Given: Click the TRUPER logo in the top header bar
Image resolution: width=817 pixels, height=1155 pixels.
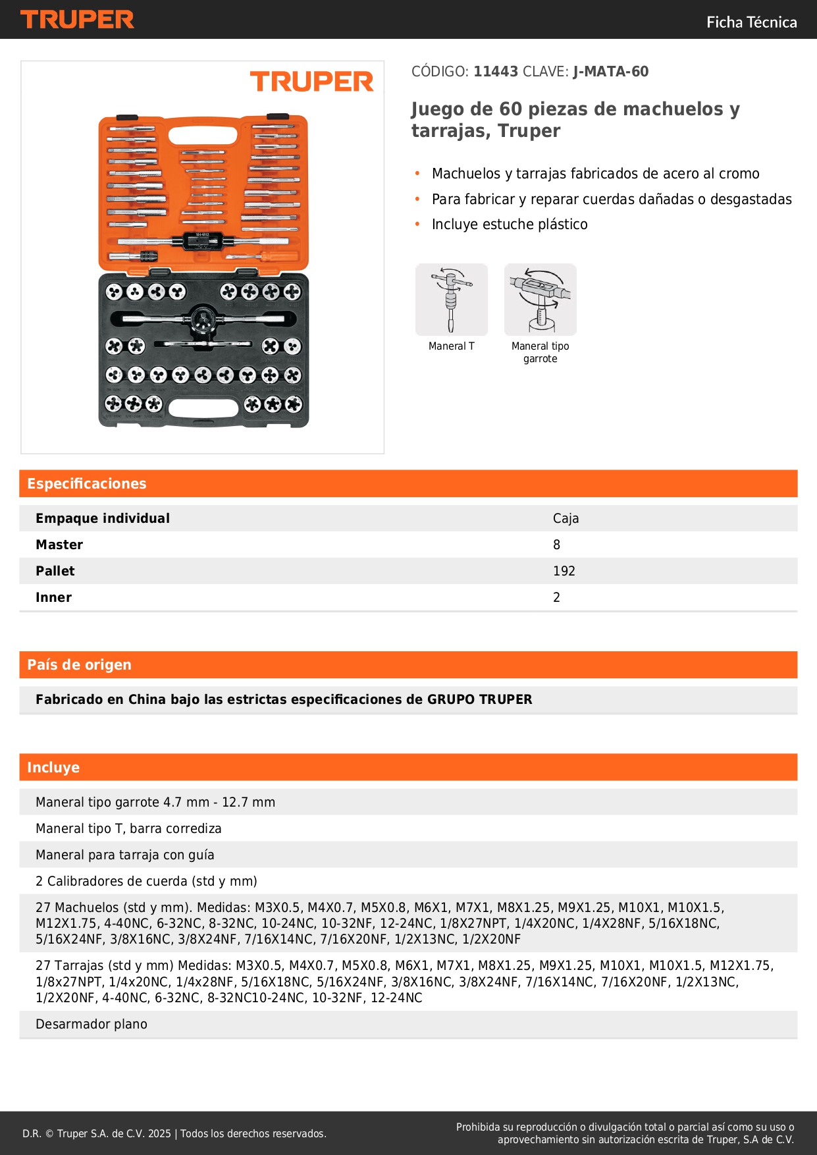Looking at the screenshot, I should [x=77, y=20].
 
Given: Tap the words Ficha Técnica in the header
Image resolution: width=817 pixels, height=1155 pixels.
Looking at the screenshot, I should [x=751, y=22].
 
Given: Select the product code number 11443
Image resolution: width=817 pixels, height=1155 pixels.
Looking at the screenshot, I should [x=496, y=72].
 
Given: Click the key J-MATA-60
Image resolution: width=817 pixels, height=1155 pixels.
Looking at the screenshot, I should [x=610, y=72].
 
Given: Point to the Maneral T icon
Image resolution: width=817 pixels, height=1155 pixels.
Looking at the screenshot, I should [x=452, y=300].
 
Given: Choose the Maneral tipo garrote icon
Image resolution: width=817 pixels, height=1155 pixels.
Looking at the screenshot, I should [x=540, y=300].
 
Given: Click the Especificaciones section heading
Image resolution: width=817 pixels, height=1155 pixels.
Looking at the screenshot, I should [x=86, y=484].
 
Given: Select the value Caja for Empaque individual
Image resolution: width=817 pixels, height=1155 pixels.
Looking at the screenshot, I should [x=566, y=519].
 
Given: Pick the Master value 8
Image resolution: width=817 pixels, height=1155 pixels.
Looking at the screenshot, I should [x=557, y=545].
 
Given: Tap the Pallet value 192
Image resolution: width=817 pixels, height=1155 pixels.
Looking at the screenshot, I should [x=564, y=572].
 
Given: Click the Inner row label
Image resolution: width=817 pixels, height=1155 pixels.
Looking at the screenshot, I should [x=53, y=598].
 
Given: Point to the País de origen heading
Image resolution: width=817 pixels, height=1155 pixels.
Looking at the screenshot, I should [x=79, y=665].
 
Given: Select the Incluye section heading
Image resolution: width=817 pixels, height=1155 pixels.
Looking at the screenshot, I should [x=53, y=768].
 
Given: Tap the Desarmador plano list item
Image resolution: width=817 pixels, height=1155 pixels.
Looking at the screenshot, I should [x=92, y=1025].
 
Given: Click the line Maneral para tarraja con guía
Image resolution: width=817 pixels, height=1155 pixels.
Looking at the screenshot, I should [x=125, y=855].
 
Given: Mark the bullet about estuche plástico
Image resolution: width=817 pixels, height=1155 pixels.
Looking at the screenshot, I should [x=510, y=225].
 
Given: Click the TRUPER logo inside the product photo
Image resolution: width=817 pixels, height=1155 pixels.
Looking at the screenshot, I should [x=311, y=82].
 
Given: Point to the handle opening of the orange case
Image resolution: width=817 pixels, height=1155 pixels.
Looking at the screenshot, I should [x=203, y=136].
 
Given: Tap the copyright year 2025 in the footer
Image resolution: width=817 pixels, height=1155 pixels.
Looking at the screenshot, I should [x=159, y=1134].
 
